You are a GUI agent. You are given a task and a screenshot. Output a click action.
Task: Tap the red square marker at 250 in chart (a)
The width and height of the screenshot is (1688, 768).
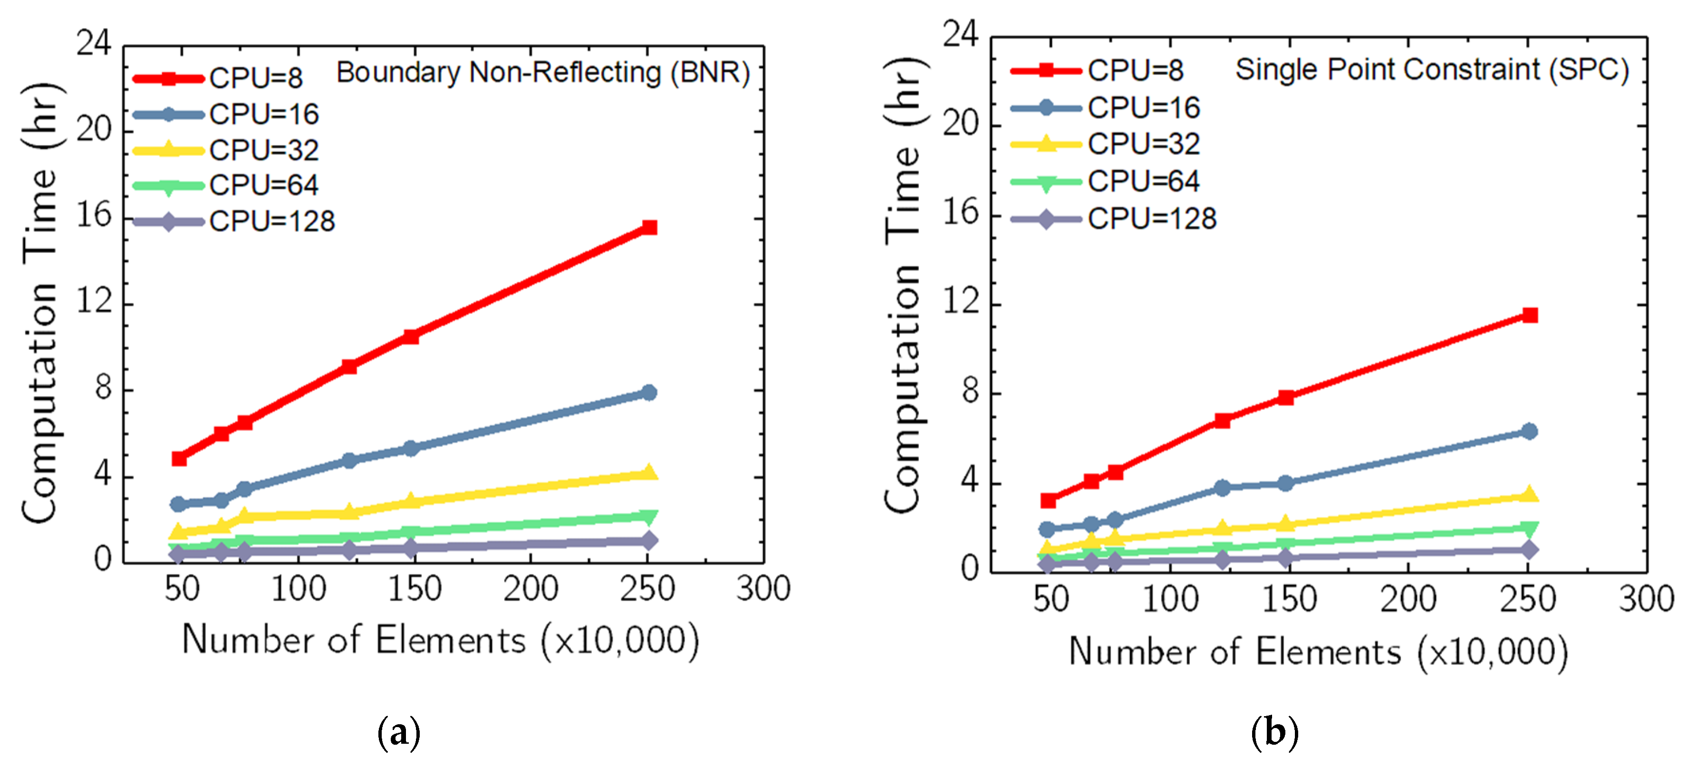click(649, 227)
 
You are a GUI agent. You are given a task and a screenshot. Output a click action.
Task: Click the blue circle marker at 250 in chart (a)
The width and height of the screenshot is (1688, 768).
click(649, 392)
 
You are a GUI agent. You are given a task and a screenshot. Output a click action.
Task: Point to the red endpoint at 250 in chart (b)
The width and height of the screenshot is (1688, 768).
click(1529, 315)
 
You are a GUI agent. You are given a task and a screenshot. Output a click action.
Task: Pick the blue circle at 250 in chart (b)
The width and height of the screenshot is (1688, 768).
click(1529, 431)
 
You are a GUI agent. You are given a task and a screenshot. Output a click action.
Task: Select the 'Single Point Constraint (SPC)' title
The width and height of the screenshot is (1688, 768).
click(1432, 70)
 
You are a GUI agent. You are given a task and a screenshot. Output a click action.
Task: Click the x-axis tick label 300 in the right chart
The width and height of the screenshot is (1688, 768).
click(1646, 599)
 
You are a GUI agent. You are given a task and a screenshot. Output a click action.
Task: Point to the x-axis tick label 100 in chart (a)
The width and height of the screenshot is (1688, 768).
click(298, 588)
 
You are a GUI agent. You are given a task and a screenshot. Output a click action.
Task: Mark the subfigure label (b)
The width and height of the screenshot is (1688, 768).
click(1274, 732)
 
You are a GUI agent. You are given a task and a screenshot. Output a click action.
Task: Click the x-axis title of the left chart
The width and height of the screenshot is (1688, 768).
click(440, 640)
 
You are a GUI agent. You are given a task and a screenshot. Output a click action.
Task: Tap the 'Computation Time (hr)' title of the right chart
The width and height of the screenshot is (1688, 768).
click(904, 284)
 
